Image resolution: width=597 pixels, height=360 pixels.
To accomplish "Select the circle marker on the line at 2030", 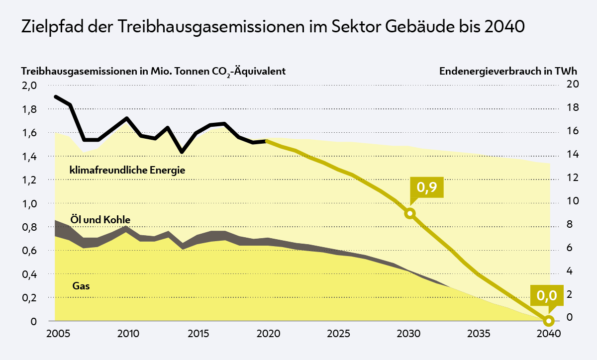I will (410, 213).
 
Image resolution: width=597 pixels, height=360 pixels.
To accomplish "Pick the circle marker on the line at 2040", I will (549, 321).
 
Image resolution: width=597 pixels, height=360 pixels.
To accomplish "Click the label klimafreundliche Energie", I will (127, 170).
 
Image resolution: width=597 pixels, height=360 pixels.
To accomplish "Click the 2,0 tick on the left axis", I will (30, 86).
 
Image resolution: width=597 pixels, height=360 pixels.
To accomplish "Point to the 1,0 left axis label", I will (30, 203).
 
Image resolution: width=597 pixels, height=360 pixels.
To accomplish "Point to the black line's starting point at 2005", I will (55, 96).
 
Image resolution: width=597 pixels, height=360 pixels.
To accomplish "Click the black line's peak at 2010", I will (127, 118).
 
